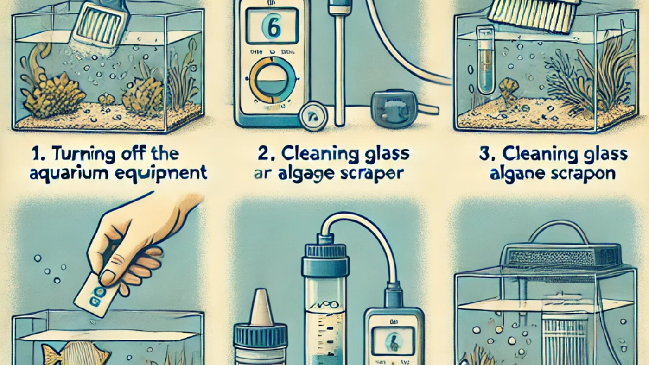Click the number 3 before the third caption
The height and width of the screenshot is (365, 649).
tap(484, 154)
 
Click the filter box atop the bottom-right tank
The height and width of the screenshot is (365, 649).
tap(562, 253)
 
